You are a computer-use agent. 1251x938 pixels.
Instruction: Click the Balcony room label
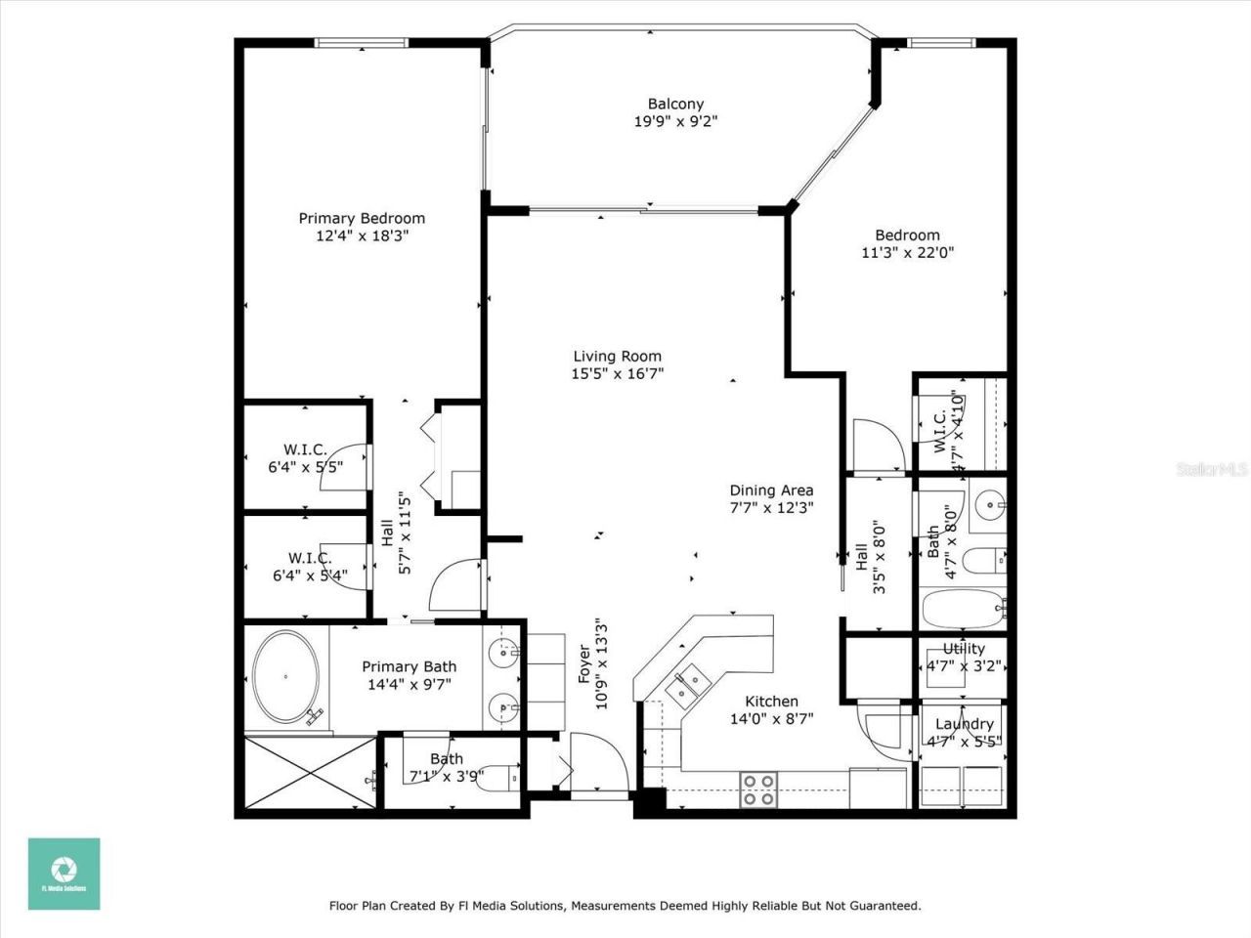(675, 104)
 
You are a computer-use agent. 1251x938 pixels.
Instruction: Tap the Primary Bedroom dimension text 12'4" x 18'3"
(362, 235)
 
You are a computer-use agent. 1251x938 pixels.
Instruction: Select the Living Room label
(617, 357)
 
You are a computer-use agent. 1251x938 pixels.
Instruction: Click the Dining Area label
(771, 490)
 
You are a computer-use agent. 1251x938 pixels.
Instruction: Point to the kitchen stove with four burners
(757, 789)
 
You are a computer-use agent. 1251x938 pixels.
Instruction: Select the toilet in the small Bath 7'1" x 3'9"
(503, 777)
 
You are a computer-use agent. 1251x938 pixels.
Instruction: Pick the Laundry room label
(964, 724)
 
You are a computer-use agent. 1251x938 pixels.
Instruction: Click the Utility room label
(964, 649)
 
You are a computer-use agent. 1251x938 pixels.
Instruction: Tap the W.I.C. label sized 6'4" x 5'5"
(305, 449)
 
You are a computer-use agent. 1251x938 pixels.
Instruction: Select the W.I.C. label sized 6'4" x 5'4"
(309, 558)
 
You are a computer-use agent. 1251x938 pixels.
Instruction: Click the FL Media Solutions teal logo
(64, 874)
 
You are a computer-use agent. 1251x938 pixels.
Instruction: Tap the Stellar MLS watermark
(1211, 469)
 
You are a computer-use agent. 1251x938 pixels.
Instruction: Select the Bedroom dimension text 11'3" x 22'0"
(907, 252)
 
